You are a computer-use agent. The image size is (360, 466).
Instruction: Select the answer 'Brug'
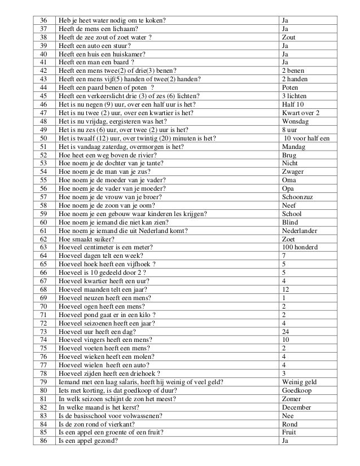click(x=288, y=155)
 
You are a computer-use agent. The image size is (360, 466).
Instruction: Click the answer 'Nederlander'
click(x=300, y=231)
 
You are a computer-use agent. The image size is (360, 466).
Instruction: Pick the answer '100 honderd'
click(x=300, y=247)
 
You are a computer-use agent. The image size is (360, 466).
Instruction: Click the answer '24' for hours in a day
click(x=285, y=331)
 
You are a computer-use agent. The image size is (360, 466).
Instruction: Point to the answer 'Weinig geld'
click(x=300, y=381)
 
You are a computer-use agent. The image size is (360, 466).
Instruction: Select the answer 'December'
click(x=296, y=407)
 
